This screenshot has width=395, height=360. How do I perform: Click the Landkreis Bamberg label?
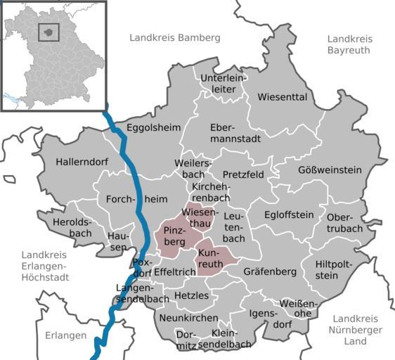tap(175, 37)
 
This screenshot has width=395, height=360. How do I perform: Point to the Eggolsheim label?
tap(153, 127)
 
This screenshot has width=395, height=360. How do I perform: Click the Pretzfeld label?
tap(242, 174)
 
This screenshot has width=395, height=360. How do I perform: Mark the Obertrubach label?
tap(344, 223)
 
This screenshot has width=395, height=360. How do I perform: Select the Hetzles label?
tap(191, 295)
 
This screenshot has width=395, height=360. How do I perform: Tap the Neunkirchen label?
tap(188, 319)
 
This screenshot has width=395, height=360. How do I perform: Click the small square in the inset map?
tap(48, 32)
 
